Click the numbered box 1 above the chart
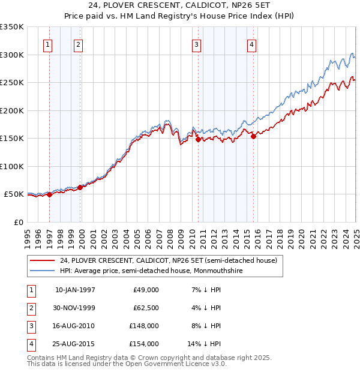[47, 44]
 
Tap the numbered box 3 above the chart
[196, 44]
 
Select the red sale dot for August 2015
[253, 136]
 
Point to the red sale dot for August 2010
[198, 139]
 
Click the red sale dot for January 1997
[49, 195]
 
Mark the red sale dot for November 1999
[80, 187]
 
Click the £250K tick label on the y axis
[12, 83]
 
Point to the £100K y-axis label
[12, 167]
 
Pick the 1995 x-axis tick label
[28, 235]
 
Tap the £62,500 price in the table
[145, 308]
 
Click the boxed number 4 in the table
[29, 344]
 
